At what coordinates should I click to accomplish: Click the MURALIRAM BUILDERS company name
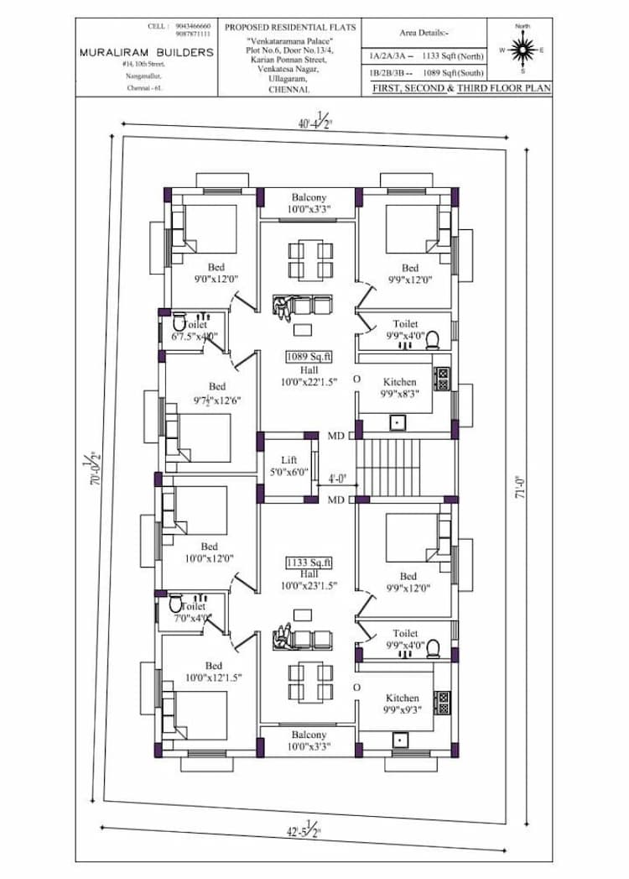pos(146,52)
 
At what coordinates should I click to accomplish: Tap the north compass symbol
pos(522,50)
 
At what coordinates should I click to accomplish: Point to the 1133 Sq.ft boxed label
pos(309,562)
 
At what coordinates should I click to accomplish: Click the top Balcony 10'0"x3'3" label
pos(309,202)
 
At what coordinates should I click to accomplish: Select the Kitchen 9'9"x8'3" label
pos(399,387)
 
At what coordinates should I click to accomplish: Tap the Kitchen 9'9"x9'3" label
pos(402,704)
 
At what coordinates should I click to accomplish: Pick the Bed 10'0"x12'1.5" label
pos(213,672)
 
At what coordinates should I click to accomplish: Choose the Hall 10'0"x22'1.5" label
pos(309,375)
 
